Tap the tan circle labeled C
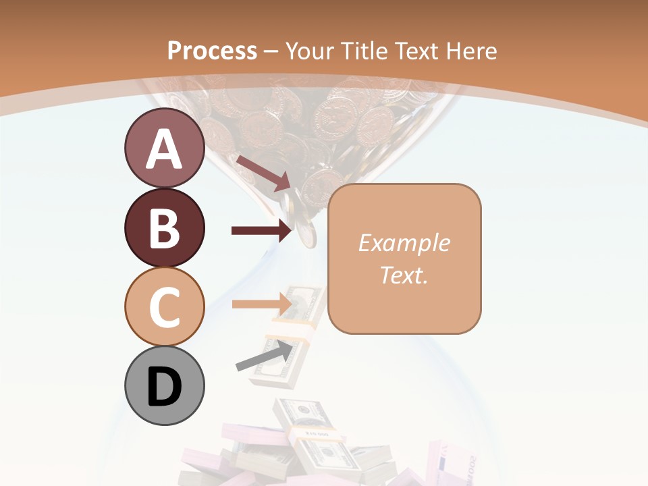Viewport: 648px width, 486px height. [164, 306]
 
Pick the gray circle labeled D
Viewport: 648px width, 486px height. [164, 385]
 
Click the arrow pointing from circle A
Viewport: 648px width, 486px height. [263, 173]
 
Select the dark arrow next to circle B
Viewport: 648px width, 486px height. [261, 231]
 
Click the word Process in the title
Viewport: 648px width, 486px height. [212, 51]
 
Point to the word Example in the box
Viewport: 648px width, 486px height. [404, 243]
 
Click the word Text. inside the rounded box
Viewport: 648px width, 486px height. [404, 275]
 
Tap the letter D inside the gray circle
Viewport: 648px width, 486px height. [164, 388]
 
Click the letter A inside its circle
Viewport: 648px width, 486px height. [164, 150]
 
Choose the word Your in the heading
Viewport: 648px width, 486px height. [312, 51]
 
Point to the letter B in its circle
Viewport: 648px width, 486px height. [164, 228]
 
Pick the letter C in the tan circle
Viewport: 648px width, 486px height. [164, 307]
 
